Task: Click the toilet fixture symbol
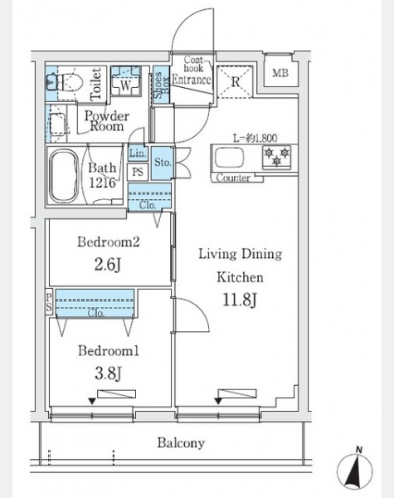(65, 82)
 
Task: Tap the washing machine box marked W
(125, 81)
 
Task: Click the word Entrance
(192, 80)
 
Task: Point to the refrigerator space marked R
(236, 82)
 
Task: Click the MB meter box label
(280, 73)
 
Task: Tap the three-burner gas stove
(276, 157)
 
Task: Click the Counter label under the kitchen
(233, 178)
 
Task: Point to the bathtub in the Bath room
(64, 176)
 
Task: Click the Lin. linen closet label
(138, 154)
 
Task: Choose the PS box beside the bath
(138, 172)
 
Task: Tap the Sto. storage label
(163, 163)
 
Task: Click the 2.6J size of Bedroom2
(108, 264)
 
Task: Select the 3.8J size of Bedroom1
(108, 373)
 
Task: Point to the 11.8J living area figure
(240, 300)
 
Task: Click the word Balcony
(181, 442)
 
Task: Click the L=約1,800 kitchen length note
(255, 138)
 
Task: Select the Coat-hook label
(193, 63)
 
